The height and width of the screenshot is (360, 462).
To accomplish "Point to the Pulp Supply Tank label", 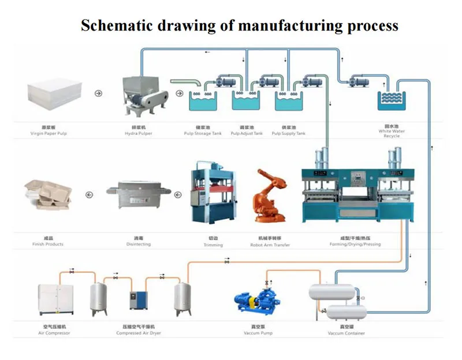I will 289,133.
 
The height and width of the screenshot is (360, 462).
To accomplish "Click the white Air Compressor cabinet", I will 55,299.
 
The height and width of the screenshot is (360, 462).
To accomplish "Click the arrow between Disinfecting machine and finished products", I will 90,194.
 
